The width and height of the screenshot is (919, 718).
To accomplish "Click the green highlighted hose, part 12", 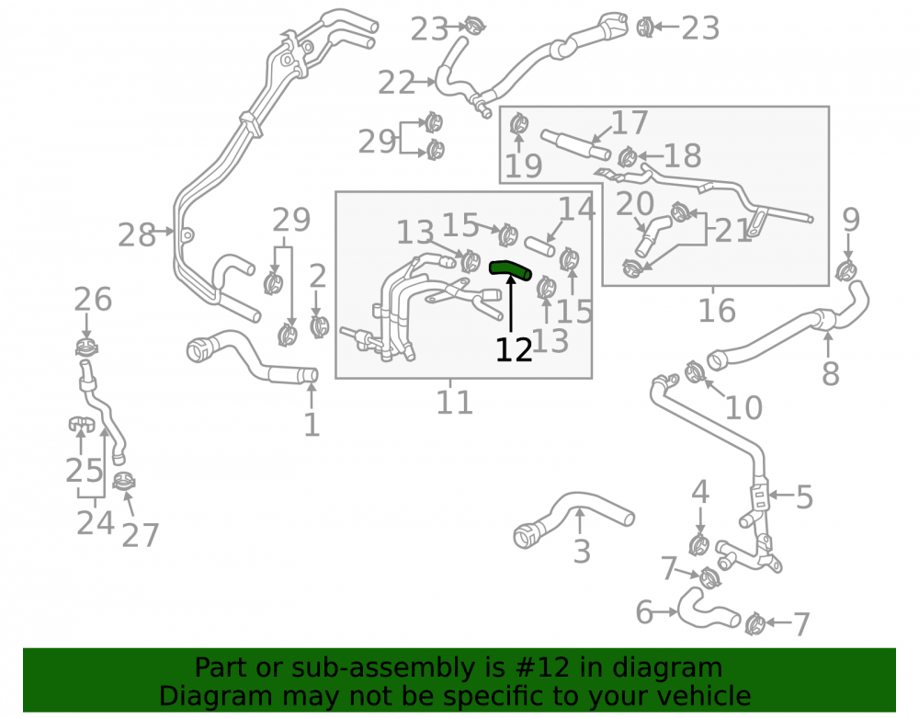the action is point(509,269).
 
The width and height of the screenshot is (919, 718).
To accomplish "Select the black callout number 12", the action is point(514,350).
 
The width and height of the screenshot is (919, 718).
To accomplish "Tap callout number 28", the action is point(137,235).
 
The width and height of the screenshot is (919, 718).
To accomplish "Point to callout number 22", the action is point(396,83).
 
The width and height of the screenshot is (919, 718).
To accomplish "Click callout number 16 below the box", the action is point(717,311).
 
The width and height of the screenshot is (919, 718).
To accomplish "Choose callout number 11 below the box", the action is point(454,403).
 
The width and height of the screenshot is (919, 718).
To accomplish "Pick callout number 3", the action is point(582,552).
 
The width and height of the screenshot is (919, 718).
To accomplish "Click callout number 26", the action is point(93,300).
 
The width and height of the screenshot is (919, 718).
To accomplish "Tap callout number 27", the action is point(140,535).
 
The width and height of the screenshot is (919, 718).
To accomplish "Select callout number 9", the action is point(851,220).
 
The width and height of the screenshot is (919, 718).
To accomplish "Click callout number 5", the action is point(804,497).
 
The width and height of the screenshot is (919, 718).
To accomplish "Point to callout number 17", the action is point(630,122).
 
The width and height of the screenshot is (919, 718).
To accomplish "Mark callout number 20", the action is point(635,204).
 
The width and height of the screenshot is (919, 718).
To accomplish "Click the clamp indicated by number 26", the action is point(86,347).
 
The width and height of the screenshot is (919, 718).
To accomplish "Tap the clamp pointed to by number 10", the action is point(695,371).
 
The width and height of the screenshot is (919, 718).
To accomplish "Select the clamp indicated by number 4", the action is point(698,545).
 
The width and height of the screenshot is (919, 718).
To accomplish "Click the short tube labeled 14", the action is point(539,246).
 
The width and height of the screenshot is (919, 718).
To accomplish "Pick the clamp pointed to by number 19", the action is point(518,124).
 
